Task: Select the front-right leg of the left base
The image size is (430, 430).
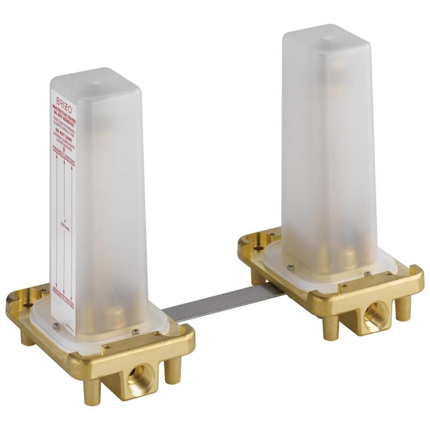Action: pos(173,370)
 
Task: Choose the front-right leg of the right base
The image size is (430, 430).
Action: pos(403,307)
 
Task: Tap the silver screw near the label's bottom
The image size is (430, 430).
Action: pos(56,326)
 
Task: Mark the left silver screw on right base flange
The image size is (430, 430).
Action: pos(291,267)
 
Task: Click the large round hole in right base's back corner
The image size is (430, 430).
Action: pos(258,248)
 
